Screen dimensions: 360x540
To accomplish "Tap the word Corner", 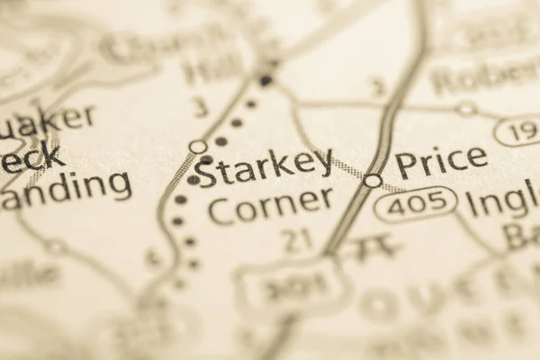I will coord(269,206).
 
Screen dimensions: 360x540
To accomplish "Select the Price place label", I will coord(441,163).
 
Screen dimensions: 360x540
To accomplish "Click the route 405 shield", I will coord(415,204).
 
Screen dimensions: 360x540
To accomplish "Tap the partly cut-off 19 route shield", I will coord(518,131).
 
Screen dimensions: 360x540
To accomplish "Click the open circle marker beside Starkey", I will coord(198,146).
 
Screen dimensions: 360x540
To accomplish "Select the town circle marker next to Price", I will coord(373,181).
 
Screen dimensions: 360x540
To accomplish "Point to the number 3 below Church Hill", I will coord(200,108).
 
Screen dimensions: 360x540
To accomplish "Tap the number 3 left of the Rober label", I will coord(378,87).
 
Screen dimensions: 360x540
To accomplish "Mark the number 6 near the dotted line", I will coord(154,258).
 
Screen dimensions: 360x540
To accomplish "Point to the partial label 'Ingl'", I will coord(505,201).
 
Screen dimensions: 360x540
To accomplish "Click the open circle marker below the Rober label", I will coord(465,109).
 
